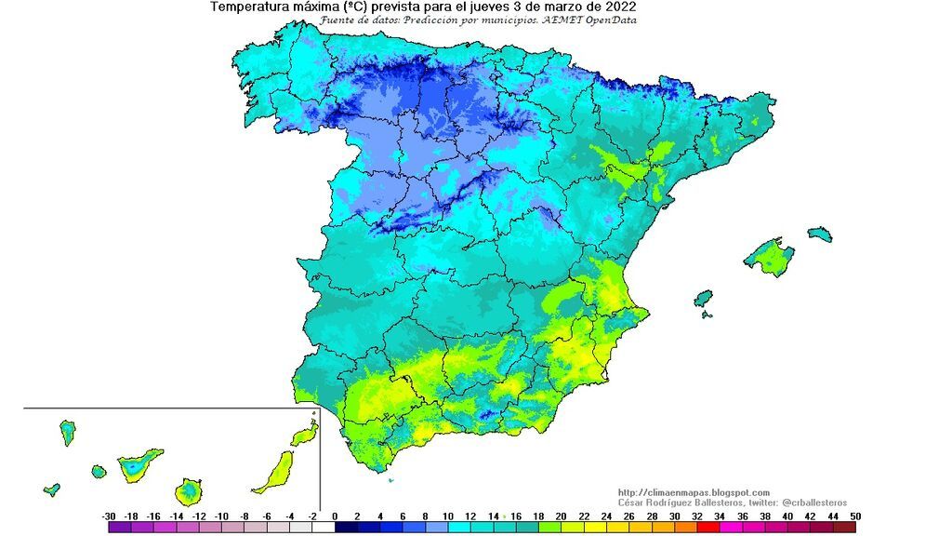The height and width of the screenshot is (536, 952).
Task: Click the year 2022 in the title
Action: (x=618, y=7)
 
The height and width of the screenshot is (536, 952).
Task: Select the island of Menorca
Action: (x=819, y=234)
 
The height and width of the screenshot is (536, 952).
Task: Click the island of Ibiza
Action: (x=703, y=298)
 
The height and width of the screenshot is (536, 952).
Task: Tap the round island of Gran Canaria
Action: (x=189, y=489)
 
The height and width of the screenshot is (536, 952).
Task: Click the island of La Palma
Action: (x=67, y=432)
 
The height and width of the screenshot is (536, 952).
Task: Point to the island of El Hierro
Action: (x=52, y=489)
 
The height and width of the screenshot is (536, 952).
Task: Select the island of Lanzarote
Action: (x=303, y=435)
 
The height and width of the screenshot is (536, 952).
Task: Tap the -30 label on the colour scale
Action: (x=109, y=516)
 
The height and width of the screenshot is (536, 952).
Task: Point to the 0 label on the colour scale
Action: (x=334, y=516)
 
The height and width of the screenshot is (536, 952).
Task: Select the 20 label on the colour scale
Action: (x=560, y=516)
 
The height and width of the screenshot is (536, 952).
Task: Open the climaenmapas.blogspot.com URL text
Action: (x=694, y=492)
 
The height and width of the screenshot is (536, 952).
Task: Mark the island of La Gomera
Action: (x=99, y=472)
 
